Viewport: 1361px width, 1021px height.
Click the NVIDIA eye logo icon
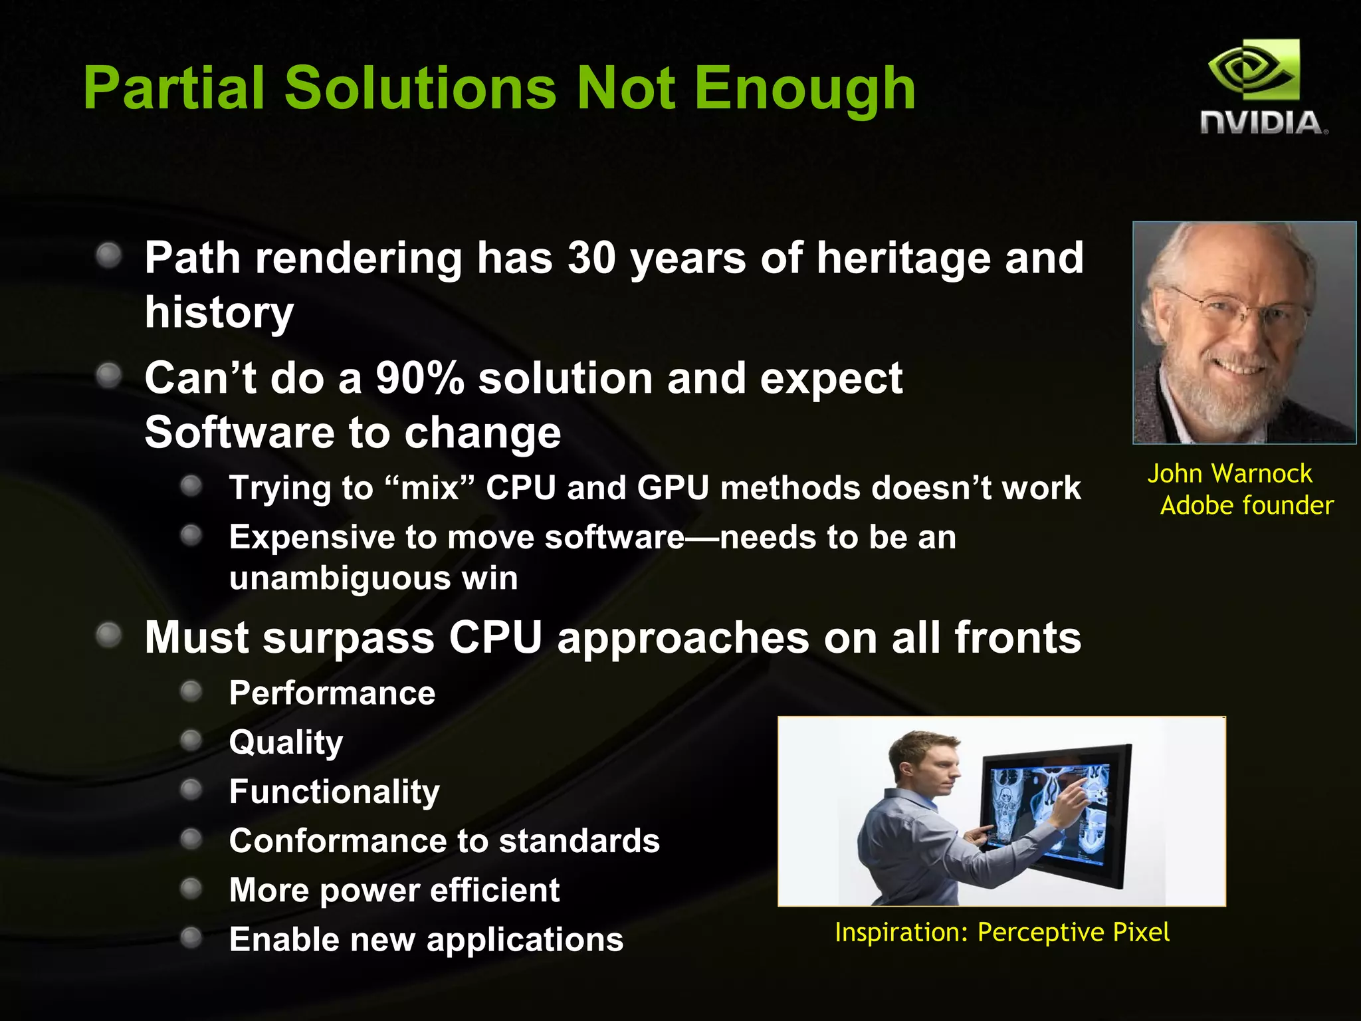coord(1253,70)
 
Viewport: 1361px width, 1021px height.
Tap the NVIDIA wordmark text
coord(1263,124)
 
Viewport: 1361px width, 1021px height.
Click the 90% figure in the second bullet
coord(420,378)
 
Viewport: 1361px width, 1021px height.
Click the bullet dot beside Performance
coord(191,692)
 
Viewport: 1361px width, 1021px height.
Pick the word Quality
coord(286,742)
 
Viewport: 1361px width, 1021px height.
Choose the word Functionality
coord(334,792)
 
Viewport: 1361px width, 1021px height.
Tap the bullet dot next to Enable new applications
coord(191,938)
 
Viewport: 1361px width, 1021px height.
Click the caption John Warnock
coord(1229,474)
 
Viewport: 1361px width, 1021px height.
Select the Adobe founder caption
coord(1247,506)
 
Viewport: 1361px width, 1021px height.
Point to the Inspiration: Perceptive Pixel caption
coord(1002,933)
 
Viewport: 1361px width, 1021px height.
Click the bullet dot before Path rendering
coord(108,255)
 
